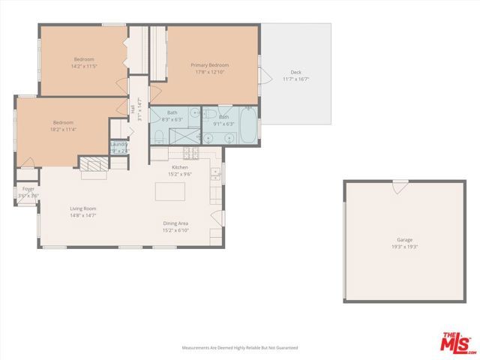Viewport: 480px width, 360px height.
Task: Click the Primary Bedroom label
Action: (x=209, y=65)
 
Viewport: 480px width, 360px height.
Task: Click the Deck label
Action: (x=296, y=72)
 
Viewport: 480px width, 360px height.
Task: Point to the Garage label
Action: (x=404, y=240)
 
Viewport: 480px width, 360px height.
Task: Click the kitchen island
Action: (x=169, y=191)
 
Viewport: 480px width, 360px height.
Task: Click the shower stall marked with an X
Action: (x=183, y=136)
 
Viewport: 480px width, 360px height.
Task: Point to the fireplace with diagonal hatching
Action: (x=94, y=166)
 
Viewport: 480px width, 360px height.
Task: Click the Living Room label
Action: (x=83, y=208)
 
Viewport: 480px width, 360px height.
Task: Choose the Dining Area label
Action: (x=175, y=223)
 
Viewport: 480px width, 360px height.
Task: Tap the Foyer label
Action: (x=28, y=189)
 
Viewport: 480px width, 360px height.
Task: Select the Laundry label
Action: (x=119, y=144)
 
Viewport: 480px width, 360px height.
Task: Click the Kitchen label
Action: (x=179, y=166)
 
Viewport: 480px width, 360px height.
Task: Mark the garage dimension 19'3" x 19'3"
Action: (x=404, y=247)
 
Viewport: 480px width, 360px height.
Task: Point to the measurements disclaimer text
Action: (x=240, y=348)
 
